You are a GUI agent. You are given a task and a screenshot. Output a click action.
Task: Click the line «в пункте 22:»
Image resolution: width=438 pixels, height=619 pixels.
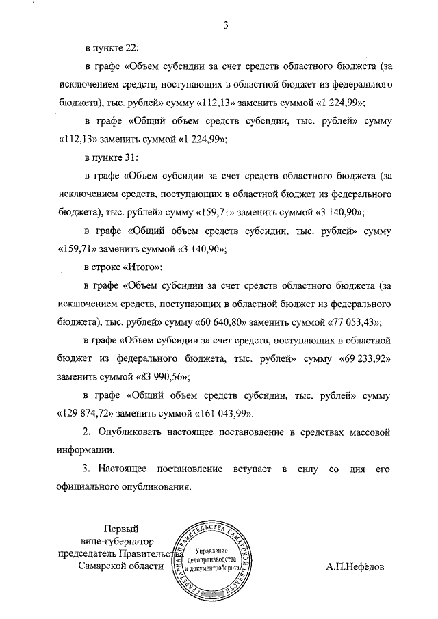[112, 49]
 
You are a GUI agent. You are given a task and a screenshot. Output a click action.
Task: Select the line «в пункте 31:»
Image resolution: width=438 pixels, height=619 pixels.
[112, 157]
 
